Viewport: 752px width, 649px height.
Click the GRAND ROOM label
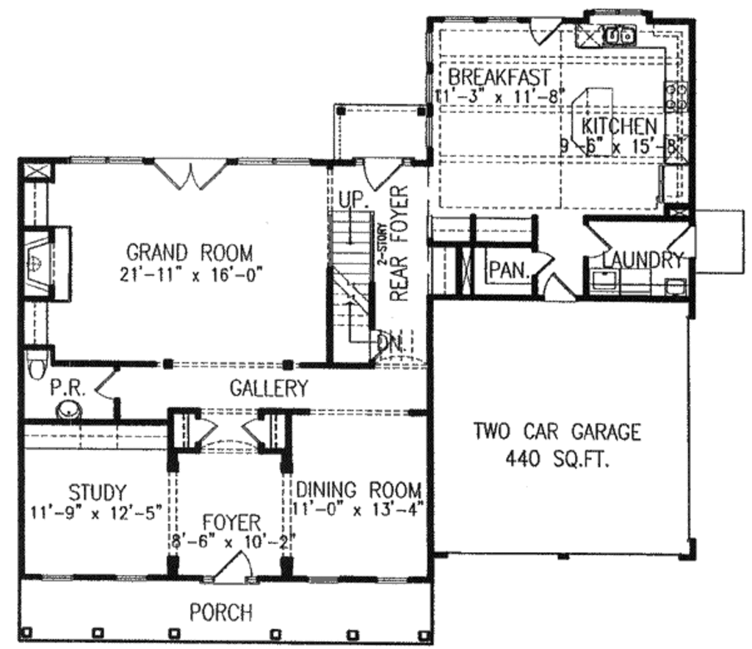[x=189, y=253]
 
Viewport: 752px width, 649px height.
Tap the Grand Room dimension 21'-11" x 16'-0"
[x=189, y=275]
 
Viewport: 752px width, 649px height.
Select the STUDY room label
[x=97, y=490]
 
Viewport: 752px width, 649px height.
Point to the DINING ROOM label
[x=358, y=489]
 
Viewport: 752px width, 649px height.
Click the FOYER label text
[x=231, y=523]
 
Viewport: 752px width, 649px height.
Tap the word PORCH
[x=221, y=612]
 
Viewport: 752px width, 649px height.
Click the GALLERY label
[x=269, y=388]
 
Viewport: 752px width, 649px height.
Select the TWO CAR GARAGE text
[x=557, y=432]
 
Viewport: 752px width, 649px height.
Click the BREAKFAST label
[x=499, y=77]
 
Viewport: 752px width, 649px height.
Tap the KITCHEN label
[x=619, y=126]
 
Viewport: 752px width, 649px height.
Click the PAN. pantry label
[x=510, y=269]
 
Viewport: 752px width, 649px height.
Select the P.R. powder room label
[x=68, y=388]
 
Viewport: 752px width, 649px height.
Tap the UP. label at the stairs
[x=353, y=200]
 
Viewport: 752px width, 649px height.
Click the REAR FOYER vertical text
[x=399, y=244]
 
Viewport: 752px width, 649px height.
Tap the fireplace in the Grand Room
[x=37, y=261]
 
